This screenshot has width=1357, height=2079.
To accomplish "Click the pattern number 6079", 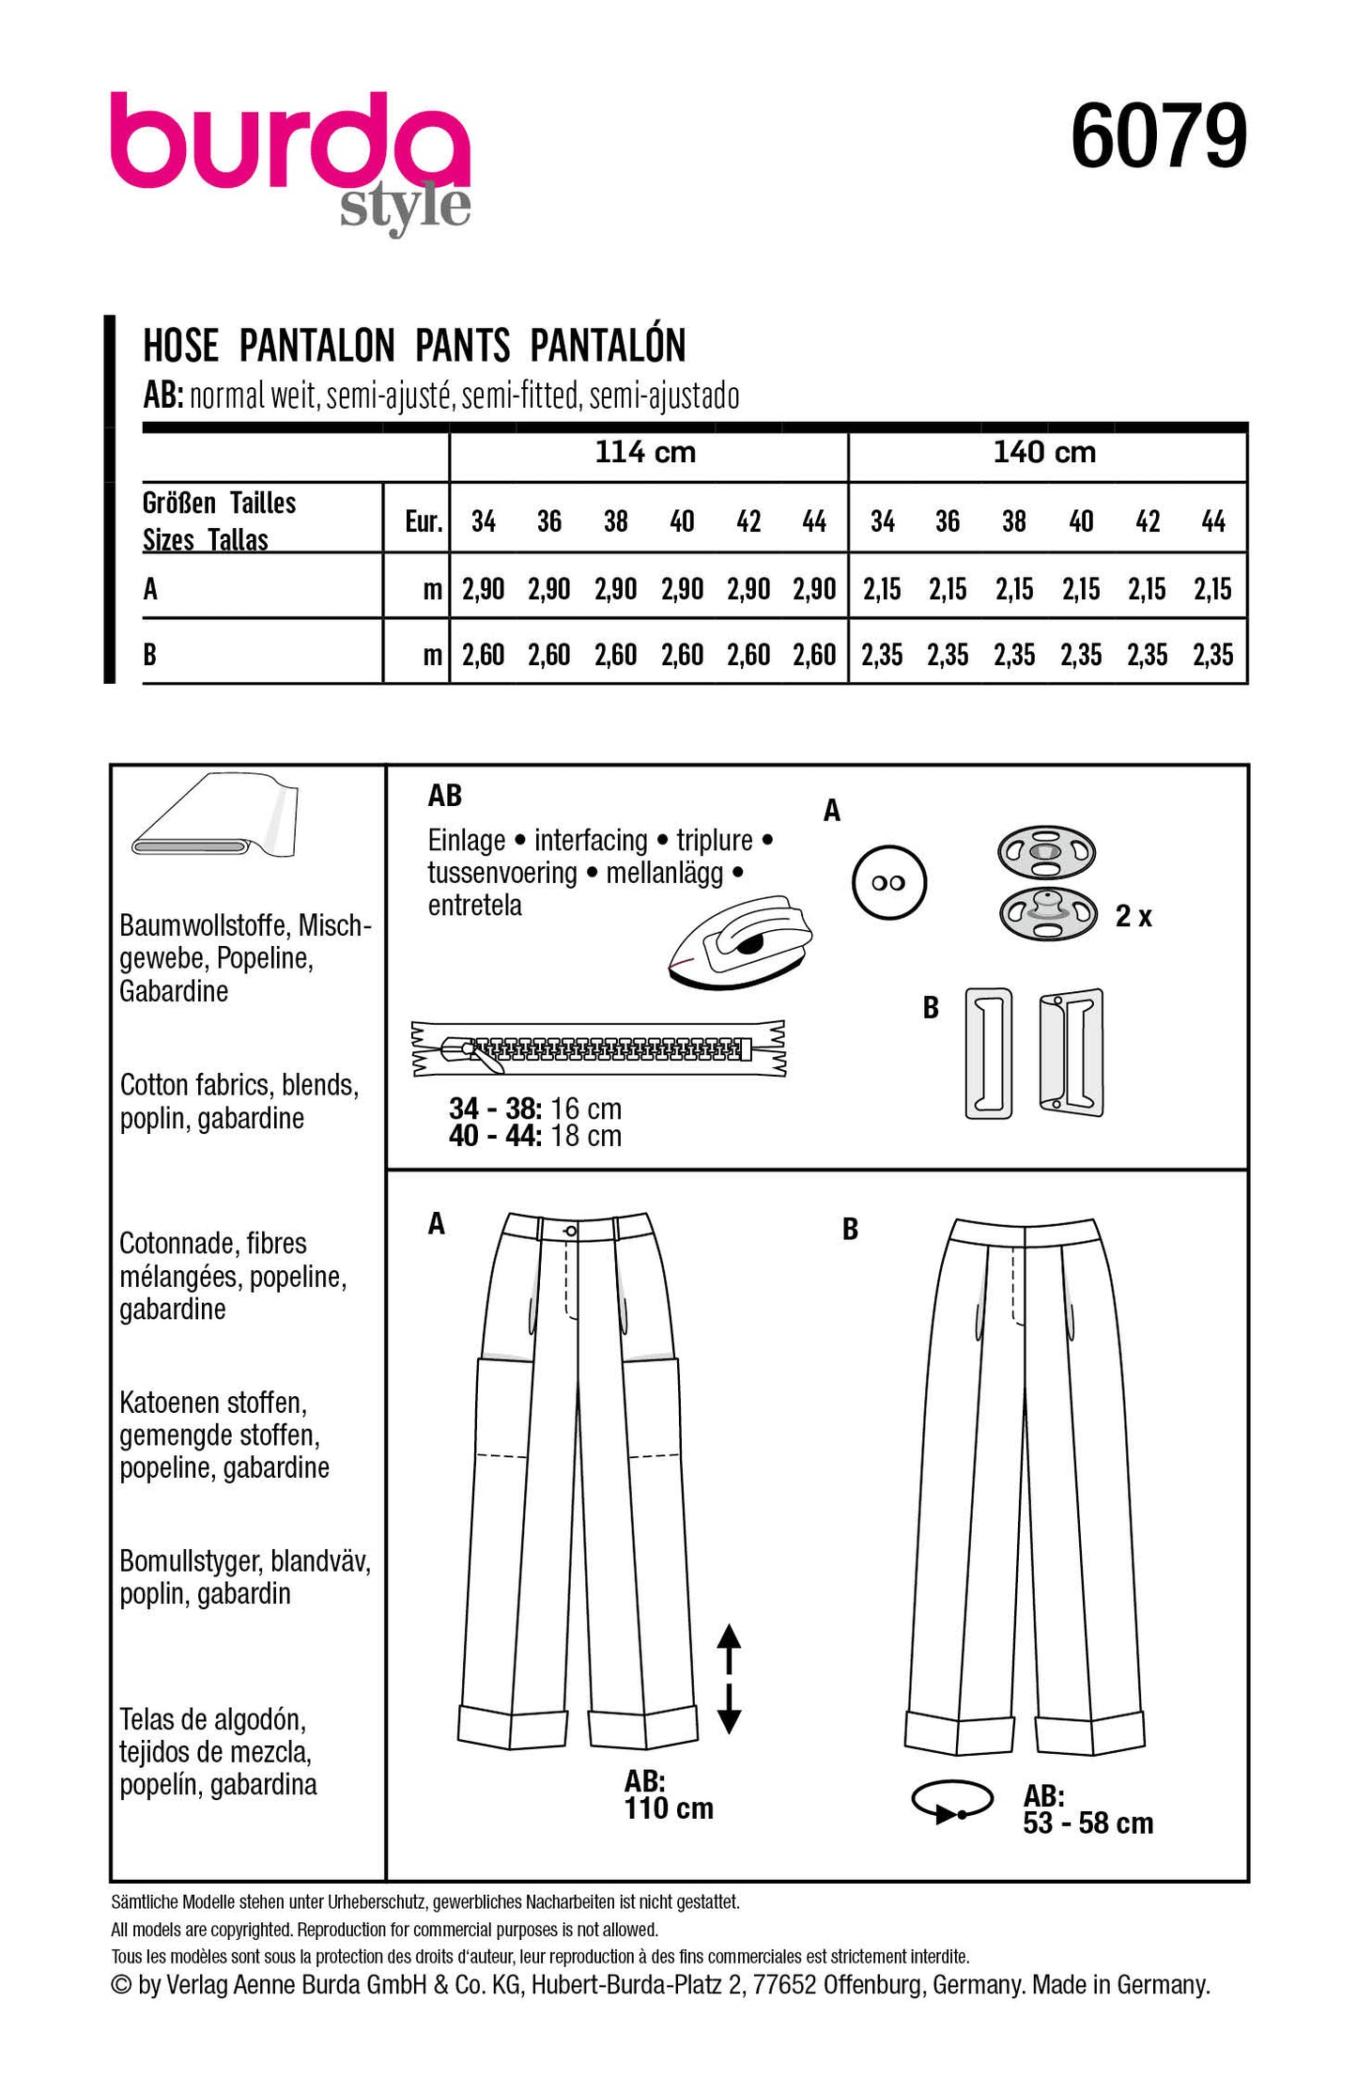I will click(x=1158, y=137).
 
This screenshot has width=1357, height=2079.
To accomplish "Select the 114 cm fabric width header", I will click(x=645, y=453).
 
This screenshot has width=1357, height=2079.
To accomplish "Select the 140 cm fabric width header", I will click(x=1044, y=453).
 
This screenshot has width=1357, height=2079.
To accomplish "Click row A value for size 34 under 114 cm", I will click(x=483, y=590).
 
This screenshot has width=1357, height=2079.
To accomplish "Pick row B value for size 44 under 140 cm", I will click(x=1212, y=655).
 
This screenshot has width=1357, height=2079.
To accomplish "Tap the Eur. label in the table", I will click(x=423, y=521).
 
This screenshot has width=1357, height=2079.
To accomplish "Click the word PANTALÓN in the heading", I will click(x=608, y=346).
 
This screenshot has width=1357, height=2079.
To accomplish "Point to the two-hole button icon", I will click(x=888, y=883).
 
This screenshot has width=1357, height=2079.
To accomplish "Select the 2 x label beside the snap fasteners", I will click(x=1133, y=917).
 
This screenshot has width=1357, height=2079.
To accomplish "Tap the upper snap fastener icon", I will click(x=1045, y=852).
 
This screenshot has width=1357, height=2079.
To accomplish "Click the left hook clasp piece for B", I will click(x=989, y=1052).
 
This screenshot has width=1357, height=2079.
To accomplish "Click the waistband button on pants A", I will click(x=571, y=1232).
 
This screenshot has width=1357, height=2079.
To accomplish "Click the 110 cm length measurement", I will click(x=669, y=1807).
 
